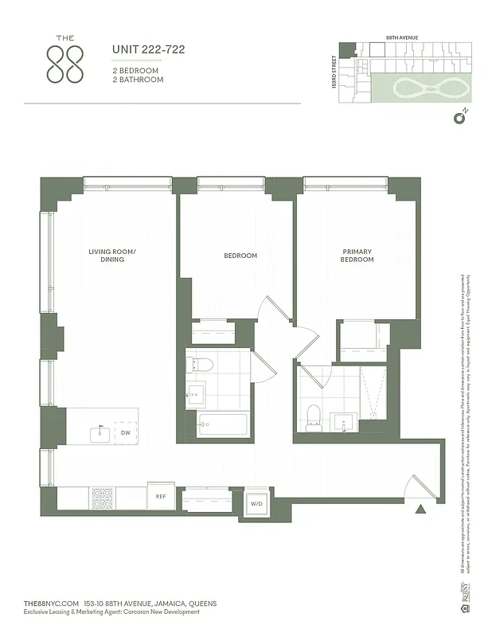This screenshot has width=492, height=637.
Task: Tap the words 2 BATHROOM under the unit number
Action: coord(138,80)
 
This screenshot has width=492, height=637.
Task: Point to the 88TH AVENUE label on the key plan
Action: coord(402,37)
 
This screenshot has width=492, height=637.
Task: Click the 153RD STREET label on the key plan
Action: coord(334,71)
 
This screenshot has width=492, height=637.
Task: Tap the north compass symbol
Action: coord(459,119)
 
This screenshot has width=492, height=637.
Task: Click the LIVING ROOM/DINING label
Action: coord(112,256)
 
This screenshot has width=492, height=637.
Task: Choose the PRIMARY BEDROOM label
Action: coord(357,256)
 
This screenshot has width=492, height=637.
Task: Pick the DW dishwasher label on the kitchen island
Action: coord(126,433)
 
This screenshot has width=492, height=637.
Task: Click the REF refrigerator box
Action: coord(160,496)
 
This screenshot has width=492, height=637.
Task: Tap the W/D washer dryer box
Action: coord(256,503)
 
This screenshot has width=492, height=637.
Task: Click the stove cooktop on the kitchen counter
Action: coord(103,498)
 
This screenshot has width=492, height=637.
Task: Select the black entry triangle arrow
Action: coord(420,508)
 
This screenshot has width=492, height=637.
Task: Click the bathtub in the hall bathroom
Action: coord(222,424)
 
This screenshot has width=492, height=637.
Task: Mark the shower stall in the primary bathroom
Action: coord(373,393)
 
